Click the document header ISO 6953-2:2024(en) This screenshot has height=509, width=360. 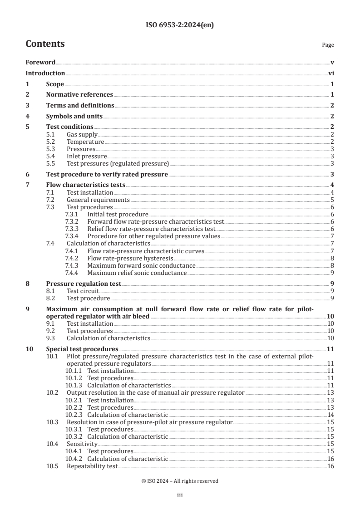point(180,25)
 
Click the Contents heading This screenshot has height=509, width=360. point(45,44)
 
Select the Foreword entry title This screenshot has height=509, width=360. point(40,63)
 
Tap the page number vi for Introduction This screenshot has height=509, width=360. point(331,73)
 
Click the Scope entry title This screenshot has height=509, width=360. point(55,84)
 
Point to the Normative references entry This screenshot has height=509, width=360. point(79,94)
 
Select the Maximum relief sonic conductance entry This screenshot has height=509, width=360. point(137,273)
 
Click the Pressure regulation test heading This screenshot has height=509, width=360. point(84,284)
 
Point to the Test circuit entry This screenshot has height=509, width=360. point(83,291)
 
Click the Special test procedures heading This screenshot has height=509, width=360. point(82,349)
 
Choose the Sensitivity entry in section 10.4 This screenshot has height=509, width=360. point(82,444)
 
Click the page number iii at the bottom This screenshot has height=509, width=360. point(179,496)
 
